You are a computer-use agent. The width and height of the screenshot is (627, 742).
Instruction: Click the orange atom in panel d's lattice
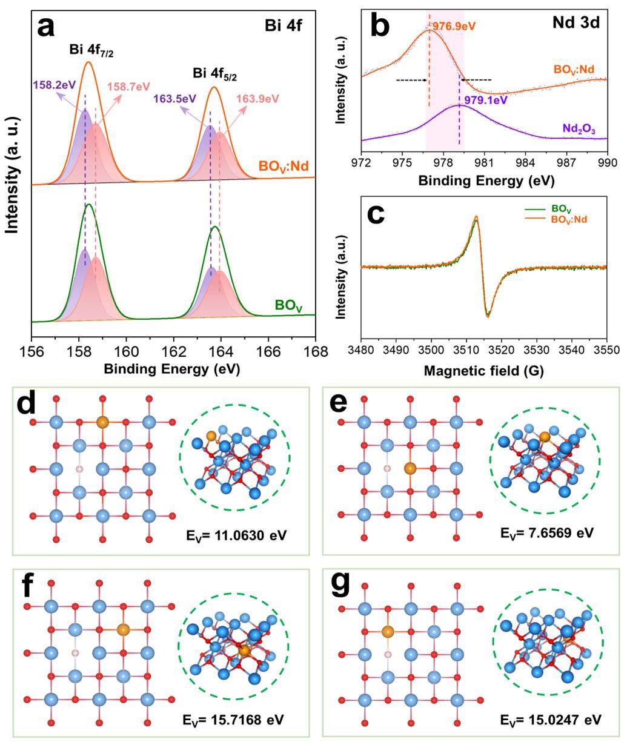(102, 421)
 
